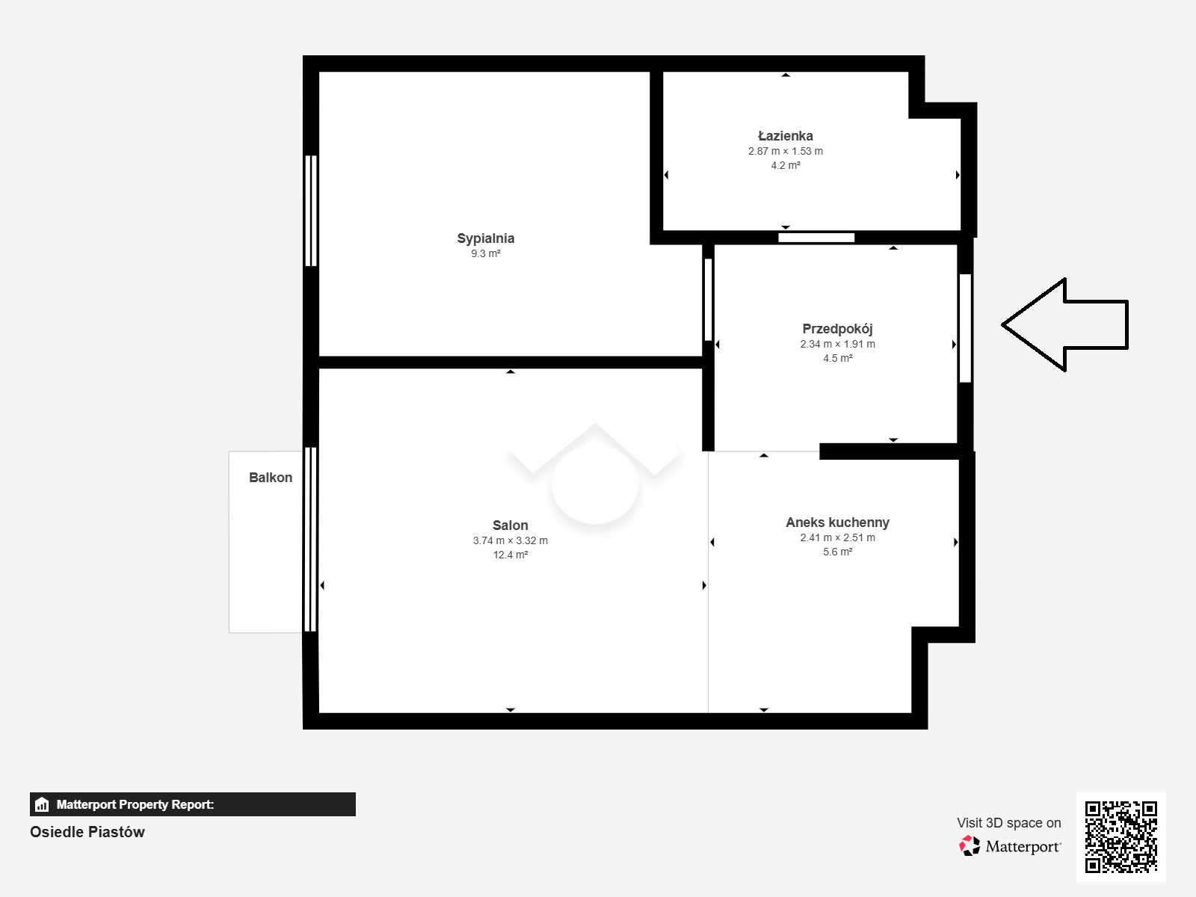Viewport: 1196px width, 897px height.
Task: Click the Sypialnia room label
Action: (x=485, y=238)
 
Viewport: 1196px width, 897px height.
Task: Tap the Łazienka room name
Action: (x=785, y=135)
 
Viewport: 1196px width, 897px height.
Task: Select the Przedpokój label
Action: (x=837, y=329)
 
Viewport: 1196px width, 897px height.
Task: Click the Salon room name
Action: (x=510, y=525)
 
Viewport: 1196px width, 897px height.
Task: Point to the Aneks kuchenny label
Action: (x=837, y=523)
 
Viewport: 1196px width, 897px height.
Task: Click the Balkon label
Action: (x=271, y=478)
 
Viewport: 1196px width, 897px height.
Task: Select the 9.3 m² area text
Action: (x=485, y=254)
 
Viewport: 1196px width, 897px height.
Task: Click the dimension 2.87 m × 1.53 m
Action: (x=785, y=152)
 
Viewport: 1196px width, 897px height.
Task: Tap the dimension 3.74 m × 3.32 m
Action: (x=510, y=540)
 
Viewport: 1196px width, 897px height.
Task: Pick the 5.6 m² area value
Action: (x=837, y=552)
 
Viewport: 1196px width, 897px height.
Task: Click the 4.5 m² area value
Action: (x=837, y=358)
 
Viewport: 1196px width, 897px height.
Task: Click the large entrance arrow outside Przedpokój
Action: (x=1064, y=324)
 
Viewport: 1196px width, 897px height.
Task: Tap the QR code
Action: (x=1121, y=836)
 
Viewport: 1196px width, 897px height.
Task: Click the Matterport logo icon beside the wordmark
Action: (x=970, y=846)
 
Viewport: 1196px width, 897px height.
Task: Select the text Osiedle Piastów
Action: (x=87, y=832)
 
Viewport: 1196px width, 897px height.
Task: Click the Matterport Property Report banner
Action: (x=192, y=804)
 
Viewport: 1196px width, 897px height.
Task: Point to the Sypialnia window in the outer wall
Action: (x=310, y=211)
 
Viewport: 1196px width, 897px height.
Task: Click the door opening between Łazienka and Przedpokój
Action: (x=816, y=238)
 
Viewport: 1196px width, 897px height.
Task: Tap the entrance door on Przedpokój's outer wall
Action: (x=965, y=328)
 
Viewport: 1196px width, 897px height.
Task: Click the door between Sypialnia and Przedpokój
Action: (x=709, y=300)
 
